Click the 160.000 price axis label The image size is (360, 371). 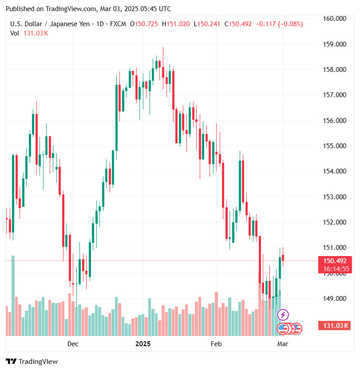335,19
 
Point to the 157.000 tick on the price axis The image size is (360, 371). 335,95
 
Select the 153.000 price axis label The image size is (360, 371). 335,197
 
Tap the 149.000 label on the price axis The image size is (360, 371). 335,299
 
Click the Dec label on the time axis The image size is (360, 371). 73,344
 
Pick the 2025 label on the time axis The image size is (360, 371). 143,344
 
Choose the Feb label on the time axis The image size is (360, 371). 216,344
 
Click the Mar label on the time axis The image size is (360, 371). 282,344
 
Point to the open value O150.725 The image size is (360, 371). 143,24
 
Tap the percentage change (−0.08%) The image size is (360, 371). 290,24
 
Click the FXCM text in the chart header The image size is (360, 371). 117,24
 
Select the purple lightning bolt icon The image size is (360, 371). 283,315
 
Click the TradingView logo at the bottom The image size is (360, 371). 32,362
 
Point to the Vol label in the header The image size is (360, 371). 15,33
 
